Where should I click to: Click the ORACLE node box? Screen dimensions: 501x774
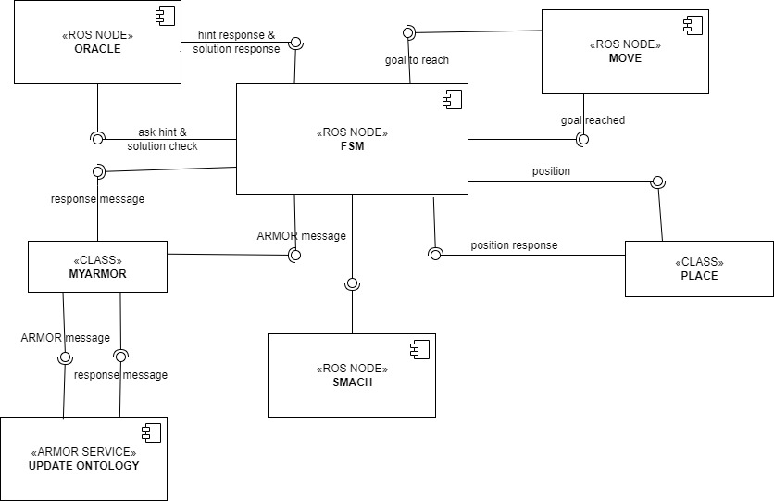97,43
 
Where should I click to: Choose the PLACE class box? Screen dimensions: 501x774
699,269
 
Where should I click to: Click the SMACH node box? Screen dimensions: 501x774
352,375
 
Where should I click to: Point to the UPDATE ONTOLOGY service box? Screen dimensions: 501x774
83,458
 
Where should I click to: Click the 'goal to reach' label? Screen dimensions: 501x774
417,61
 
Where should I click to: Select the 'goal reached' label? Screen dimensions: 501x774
593,120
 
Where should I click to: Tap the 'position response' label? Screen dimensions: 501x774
514,245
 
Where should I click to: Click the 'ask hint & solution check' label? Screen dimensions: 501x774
162,139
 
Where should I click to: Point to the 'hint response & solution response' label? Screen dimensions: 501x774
236,42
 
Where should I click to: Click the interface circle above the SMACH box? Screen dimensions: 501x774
352,284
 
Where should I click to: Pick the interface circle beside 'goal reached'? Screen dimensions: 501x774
582,140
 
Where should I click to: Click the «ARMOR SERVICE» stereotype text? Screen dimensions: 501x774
83,451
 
